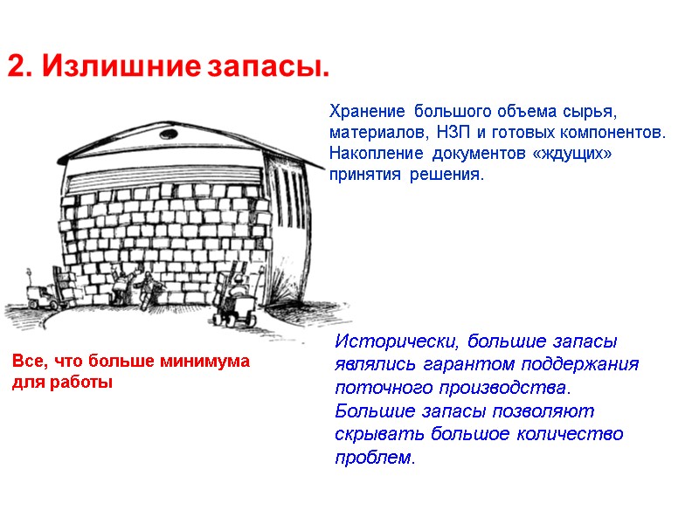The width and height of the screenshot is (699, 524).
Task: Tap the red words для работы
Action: click(62, 383)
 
